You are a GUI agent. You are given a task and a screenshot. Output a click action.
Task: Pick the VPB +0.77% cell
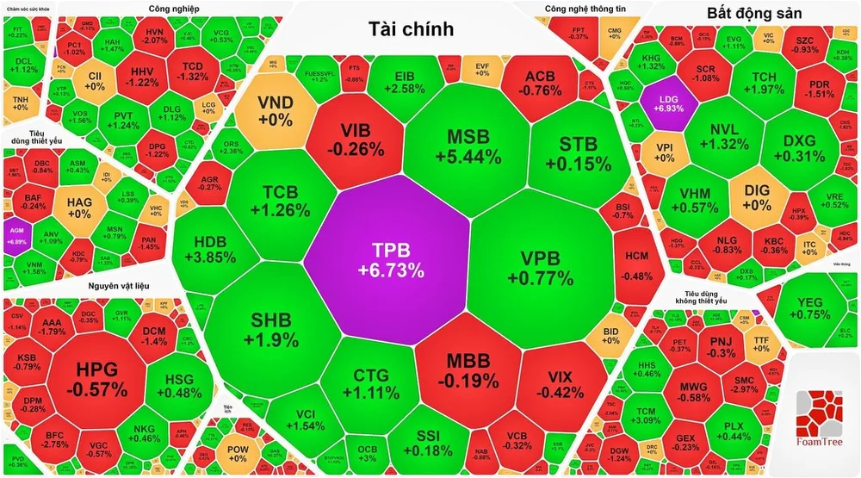540,267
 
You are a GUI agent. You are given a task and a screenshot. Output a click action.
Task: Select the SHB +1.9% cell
268,329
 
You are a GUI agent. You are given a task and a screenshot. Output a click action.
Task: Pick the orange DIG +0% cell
757,197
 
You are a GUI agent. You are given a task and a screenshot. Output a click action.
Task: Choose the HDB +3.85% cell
209,250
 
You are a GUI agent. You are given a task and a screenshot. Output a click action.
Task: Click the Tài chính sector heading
411,29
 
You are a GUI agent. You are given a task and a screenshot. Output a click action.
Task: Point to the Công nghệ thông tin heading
582,9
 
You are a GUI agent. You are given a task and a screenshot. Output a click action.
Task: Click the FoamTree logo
823,421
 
